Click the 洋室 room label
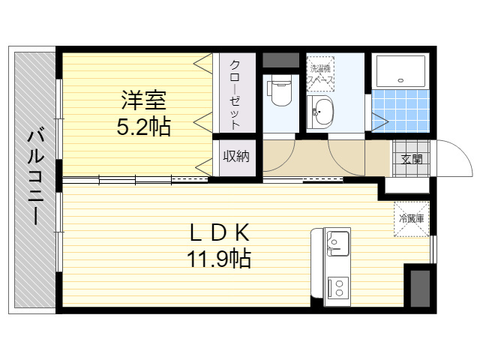coord(144,100)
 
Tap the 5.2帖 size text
coord(144,126)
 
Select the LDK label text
coord(220,232)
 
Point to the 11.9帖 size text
coord(219,259)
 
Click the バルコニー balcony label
coord(35,177)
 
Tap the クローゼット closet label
coord(235,94)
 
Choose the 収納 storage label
coord(236,157)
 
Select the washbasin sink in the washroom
coord(320,112)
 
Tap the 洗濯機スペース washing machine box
coord(320,73)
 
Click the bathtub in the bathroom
coord(400,71)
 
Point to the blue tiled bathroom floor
coord(400,111)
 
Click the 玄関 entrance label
coord(412,159)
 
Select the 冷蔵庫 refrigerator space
coord(412,219)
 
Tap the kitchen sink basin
coord(338,244)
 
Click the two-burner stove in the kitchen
coord(338,287)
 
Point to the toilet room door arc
coord(286,160)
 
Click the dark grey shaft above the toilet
coord(280,60)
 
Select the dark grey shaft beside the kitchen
coord(420,289)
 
